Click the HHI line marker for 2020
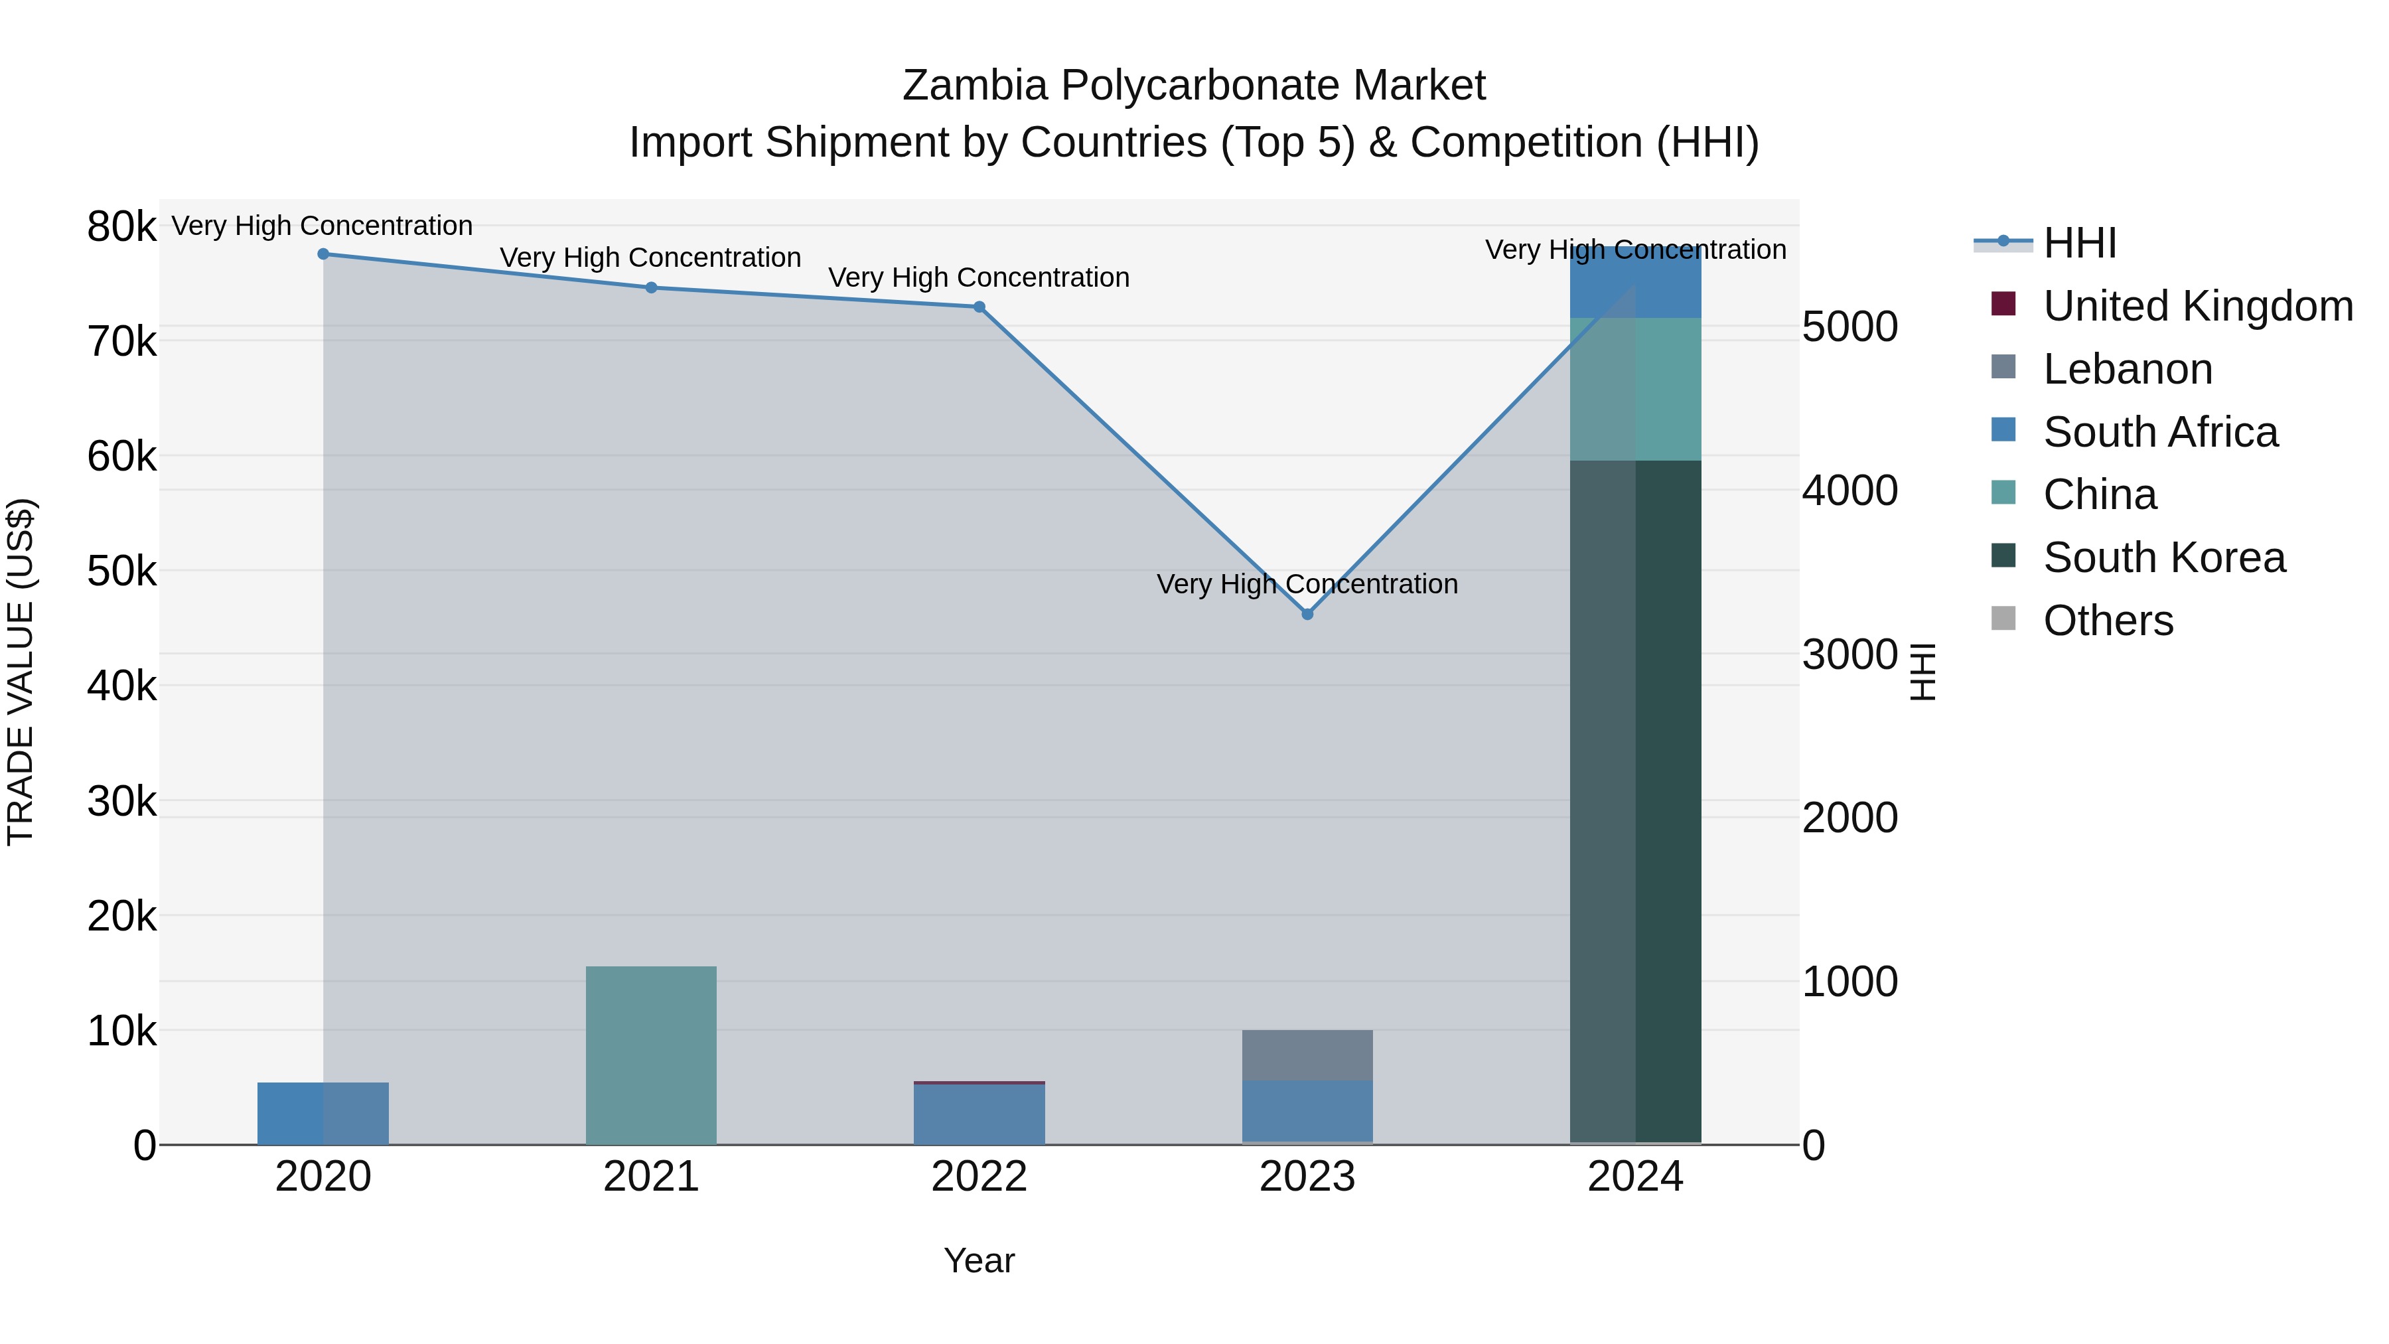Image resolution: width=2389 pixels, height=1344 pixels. point(323,254)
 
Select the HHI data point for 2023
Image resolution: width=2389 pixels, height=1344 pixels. point(1307,614)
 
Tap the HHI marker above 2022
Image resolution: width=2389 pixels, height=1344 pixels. point(979,307)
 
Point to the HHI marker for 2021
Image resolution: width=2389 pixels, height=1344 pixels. point(651,287)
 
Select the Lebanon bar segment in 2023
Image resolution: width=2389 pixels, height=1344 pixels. point(1307,1055)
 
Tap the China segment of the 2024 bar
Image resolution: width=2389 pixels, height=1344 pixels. point(1636,389)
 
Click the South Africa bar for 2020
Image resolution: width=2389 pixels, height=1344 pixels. point(323,1113)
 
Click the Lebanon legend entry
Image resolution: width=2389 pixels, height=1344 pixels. point(2127,369)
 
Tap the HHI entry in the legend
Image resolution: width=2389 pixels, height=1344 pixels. point(2079,243)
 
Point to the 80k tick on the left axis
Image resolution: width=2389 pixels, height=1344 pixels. point(121,226)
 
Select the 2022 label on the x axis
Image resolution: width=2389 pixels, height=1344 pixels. point(979,1177)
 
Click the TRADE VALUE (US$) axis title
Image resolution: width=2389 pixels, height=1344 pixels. point(21,672)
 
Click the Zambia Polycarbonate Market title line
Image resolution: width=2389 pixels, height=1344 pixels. point(1194,86)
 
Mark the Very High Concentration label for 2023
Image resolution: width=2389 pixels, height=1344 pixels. point(1307,584)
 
